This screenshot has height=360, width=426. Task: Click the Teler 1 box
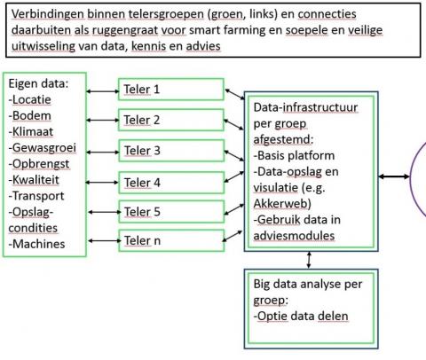click(171, 90)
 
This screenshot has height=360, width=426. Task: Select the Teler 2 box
click(171, 120)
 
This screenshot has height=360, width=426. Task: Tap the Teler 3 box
click(171, 151)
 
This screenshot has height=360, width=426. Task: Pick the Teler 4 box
click(171, 183)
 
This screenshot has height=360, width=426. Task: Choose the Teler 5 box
click(171, 212)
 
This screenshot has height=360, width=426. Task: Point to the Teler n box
click(171, 240)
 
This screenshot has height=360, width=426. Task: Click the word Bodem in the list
click(32, 115)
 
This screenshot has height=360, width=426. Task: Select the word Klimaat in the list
click(33, 132)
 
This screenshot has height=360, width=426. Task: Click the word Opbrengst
click(41, 164)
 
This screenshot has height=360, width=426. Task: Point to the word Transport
click(38, 196)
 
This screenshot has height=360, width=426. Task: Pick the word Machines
click(39, 244)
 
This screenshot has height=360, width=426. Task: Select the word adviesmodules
click(294, 236)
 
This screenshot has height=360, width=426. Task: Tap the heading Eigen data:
click(38, 84)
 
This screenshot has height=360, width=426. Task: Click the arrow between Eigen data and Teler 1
click(102, 91)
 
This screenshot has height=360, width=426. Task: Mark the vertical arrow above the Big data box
click(309, 260)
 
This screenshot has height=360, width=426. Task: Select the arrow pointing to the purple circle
click(394, 176)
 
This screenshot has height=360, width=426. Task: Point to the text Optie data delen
click(301, 317)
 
